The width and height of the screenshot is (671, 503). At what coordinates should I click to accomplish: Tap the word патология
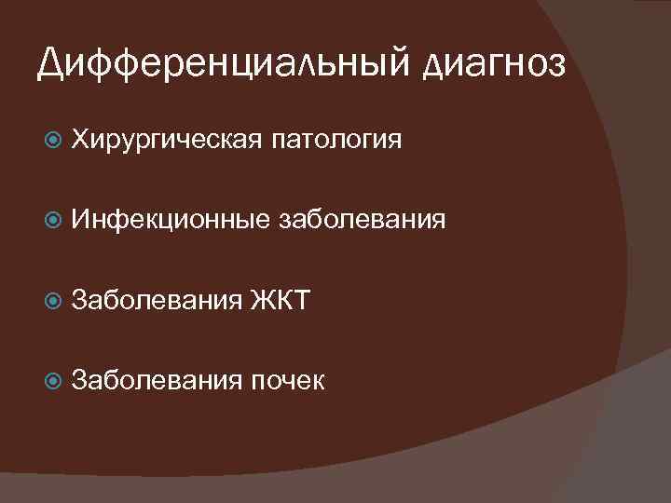coord(337,142)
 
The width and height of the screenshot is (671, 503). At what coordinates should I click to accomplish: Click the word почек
coord(287,379)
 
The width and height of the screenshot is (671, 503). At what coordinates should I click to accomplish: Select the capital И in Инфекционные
coord(81,220)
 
